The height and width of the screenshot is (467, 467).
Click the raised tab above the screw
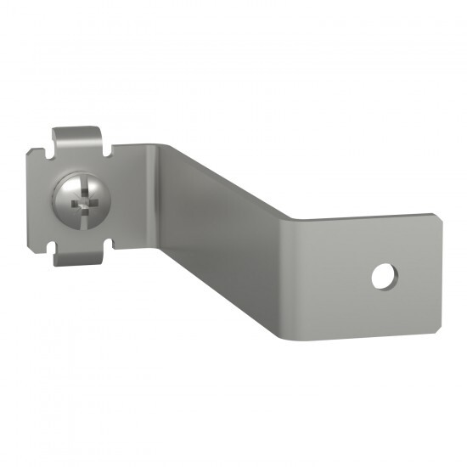(x=76, y=138)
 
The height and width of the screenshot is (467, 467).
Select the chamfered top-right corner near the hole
(x=437, y=218)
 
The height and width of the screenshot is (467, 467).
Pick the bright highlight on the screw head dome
(x=66, y=194)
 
